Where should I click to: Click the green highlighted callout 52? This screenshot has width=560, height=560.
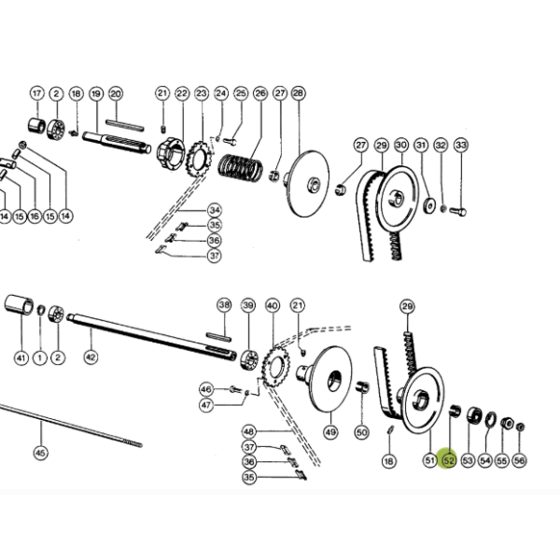(x=449, y=460)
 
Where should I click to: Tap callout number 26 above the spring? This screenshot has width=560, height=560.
(x=260, y=93)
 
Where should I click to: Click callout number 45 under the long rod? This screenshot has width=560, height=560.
(x=40, y=453)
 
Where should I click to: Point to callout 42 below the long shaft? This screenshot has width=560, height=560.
(x=91, y=357)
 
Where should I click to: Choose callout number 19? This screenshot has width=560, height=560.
(x=96, y=94)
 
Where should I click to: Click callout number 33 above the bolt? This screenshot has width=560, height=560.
(x=461, y=146)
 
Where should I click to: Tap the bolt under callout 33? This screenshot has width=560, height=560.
(x=458, y=212)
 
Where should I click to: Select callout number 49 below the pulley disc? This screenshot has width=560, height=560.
(x=330, y=432)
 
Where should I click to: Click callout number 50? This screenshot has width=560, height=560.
(x=361, y=432)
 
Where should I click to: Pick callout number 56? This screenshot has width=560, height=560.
(x=519, y=460)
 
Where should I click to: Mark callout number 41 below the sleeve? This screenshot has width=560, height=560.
(x=21, y=357)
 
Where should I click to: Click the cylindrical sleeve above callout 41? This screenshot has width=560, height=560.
(x=19, y=305)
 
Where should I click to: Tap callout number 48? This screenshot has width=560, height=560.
(x=249, y=431)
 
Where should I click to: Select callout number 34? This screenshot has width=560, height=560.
(x=215, y=210)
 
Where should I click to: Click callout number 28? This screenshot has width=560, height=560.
(x=299, y=93)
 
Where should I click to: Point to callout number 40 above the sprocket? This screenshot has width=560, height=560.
(x=273, y=306)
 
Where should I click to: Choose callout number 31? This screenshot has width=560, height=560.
(x=421, y=146)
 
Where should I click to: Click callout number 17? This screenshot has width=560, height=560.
(x=36, y=93)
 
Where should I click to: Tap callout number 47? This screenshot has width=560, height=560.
(x=206, y=405)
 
